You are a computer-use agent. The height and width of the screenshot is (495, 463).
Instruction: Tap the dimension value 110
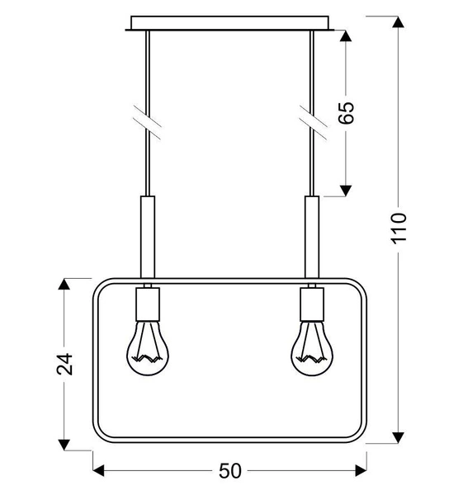(399, 229)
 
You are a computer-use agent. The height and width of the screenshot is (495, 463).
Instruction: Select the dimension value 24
(64, 364)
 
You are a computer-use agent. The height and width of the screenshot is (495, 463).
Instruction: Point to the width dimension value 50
(229, 470)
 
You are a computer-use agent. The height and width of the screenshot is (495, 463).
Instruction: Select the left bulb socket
(149, 304)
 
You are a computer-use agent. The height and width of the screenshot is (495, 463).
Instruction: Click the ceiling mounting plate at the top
(231, 23)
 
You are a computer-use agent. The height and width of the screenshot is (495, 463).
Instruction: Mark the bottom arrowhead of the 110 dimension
(399, 436)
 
